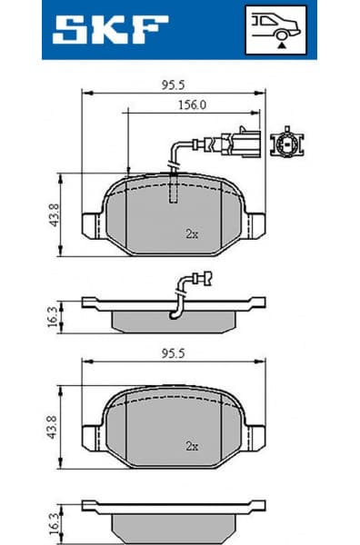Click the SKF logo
pos(110,29)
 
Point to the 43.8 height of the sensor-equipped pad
pos(54,215)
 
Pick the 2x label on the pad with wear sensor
pos(192,233)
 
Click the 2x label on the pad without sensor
pos(192,446)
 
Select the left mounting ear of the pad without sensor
pos(94,437)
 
